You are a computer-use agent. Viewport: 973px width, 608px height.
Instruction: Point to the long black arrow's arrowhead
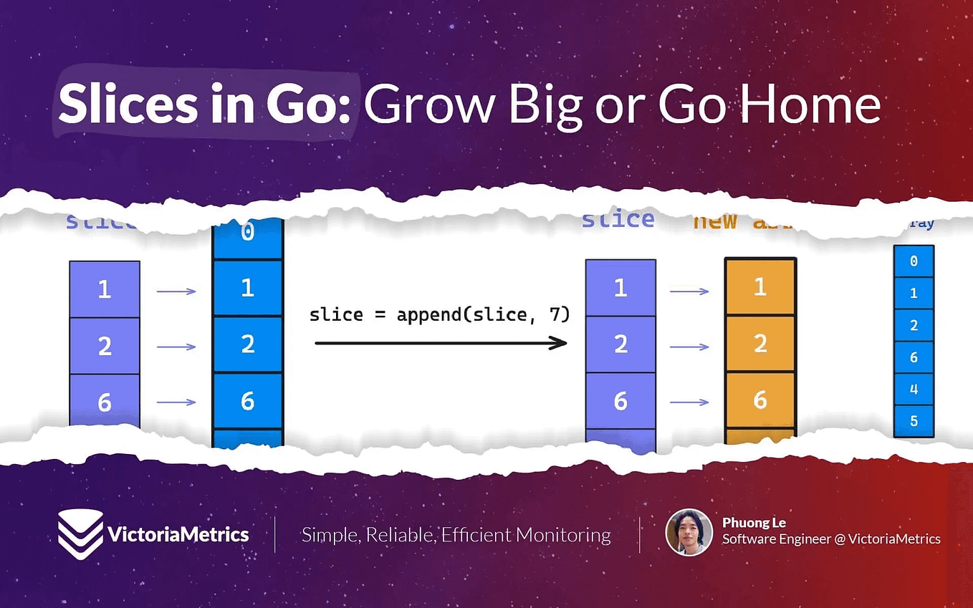click(558, 344)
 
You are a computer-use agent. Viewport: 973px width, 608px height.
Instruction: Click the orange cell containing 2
click(760, 344)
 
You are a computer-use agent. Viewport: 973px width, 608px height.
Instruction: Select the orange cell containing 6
click(760, 400)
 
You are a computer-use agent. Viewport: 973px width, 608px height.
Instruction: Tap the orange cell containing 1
click(760, 287)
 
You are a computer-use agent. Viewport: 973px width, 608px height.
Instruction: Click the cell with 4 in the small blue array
click(914, 389)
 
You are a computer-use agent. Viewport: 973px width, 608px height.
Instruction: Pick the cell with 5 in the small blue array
click(914, 421)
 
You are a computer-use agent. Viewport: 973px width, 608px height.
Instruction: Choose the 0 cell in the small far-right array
click(914, 261)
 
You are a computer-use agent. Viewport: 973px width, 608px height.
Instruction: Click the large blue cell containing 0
click(248, 233)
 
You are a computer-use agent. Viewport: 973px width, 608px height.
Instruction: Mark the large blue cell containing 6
click(248, 400)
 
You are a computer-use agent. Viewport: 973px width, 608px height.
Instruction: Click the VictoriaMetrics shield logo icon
click(80, 534)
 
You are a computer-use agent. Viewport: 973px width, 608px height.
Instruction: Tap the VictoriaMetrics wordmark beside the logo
click(178, 534)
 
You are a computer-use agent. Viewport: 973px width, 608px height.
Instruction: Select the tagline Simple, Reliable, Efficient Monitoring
click(456, 535)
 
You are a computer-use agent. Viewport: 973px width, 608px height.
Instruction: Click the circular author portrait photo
click(689, 532)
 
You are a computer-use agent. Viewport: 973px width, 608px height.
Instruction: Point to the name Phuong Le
click(754, 522)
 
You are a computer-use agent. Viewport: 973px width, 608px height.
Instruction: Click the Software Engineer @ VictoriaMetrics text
click(831, 539)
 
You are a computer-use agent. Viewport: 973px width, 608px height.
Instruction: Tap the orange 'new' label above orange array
click(715, 221)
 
